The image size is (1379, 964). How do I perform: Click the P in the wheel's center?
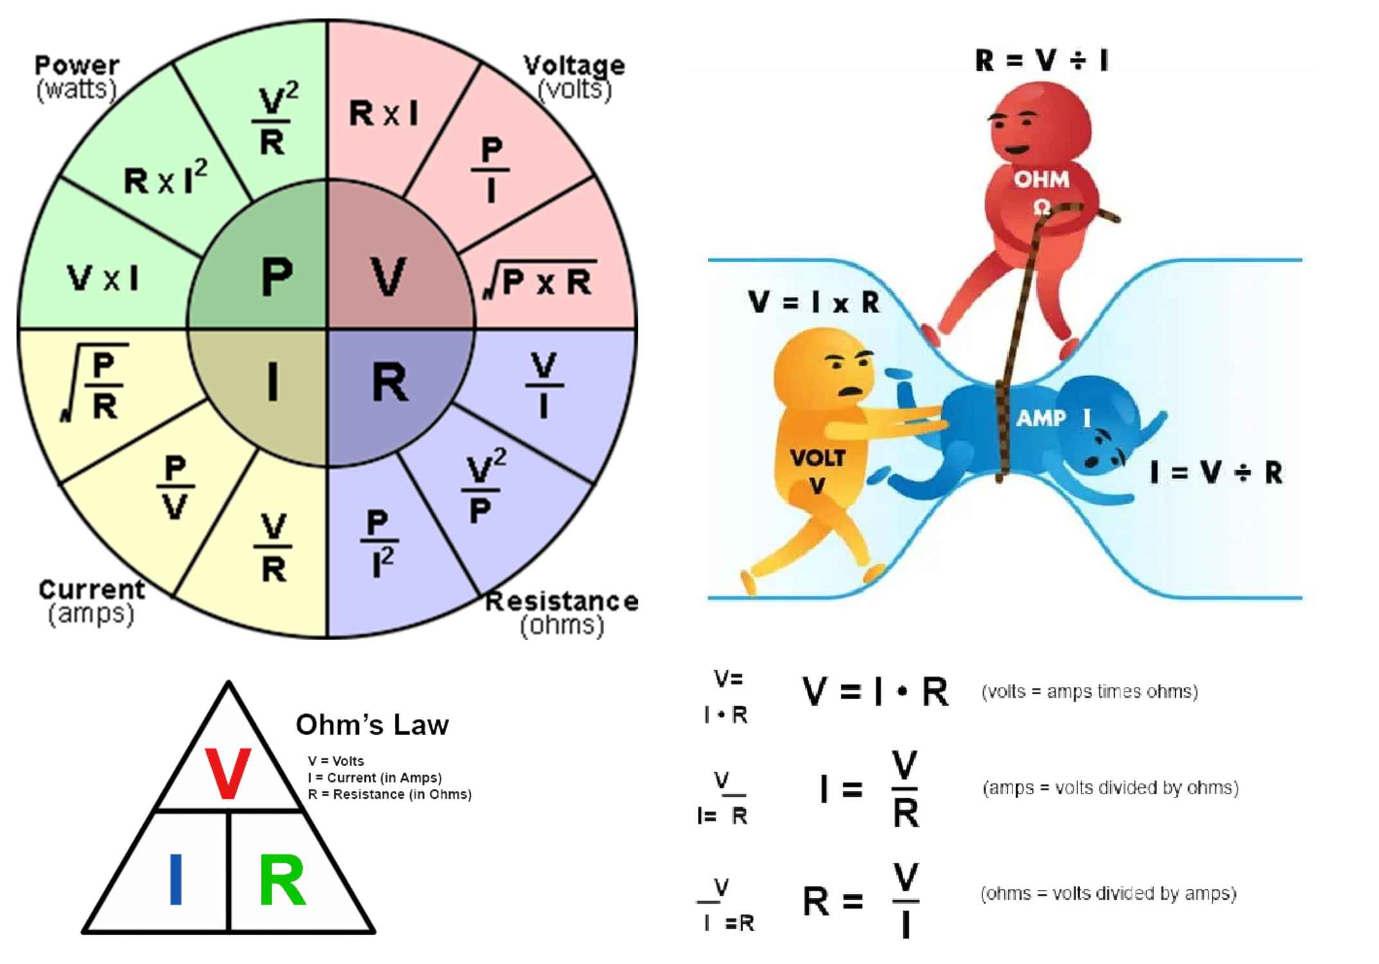pyautogui.click(x=277, y=276)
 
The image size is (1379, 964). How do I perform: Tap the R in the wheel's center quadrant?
pyautogui.click(x=390, y=382)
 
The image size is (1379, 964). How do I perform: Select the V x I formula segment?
pyautogui.click(x=103, y=278)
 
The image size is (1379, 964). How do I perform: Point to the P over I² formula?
pyautogui.click(x=379, y=544)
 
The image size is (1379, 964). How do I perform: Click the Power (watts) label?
pyautogui.click(x=77, y=77)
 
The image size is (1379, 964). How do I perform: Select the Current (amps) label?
pyautogui.click(x=91, y=602)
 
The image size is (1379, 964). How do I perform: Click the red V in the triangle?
pyautogui.click(x=228, y=774)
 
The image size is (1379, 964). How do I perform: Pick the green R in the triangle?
pyautogui.click(x=282, y=880)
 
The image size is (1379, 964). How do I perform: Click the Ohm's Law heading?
pyautogui.click(x=372, y=725)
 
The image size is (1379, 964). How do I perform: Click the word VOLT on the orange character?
pyautogui.click(x=817, y=458)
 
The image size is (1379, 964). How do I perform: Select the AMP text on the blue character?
pyautogui.click(x=1041, y=418)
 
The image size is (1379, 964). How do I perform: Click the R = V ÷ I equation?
pyautogui.click(x=1041, y=60)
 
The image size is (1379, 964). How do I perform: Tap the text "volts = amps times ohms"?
pyautogui.click(x=1090, y=692)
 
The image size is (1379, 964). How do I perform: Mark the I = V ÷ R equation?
pyautogui.click(x=1216, y=473)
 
